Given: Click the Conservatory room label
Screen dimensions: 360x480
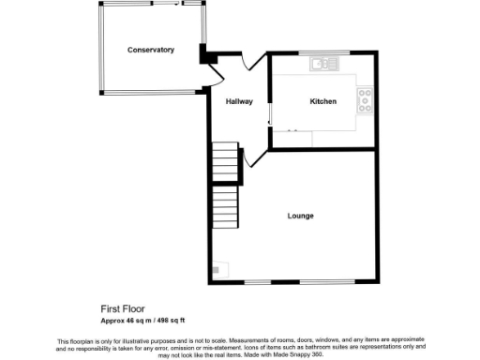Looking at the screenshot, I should (x=151, y=50).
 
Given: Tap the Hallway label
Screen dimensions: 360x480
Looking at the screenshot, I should (x=239, y=101).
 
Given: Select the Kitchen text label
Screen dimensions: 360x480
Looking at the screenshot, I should (x=323, y=101).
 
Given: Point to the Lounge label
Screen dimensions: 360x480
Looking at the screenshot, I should (x=300, y=216).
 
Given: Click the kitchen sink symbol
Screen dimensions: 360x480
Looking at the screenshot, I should (x=324, y=64).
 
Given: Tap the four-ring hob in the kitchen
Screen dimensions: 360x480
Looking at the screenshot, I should (x=364, y=98).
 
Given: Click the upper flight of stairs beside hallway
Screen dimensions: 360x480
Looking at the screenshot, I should (x=224, y=162).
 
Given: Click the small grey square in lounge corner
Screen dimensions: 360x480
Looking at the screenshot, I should (x=216, y=270).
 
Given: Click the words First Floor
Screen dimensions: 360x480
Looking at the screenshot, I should (x=124, y=307).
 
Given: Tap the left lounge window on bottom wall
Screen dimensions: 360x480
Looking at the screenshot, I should (x=259, y=282).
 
